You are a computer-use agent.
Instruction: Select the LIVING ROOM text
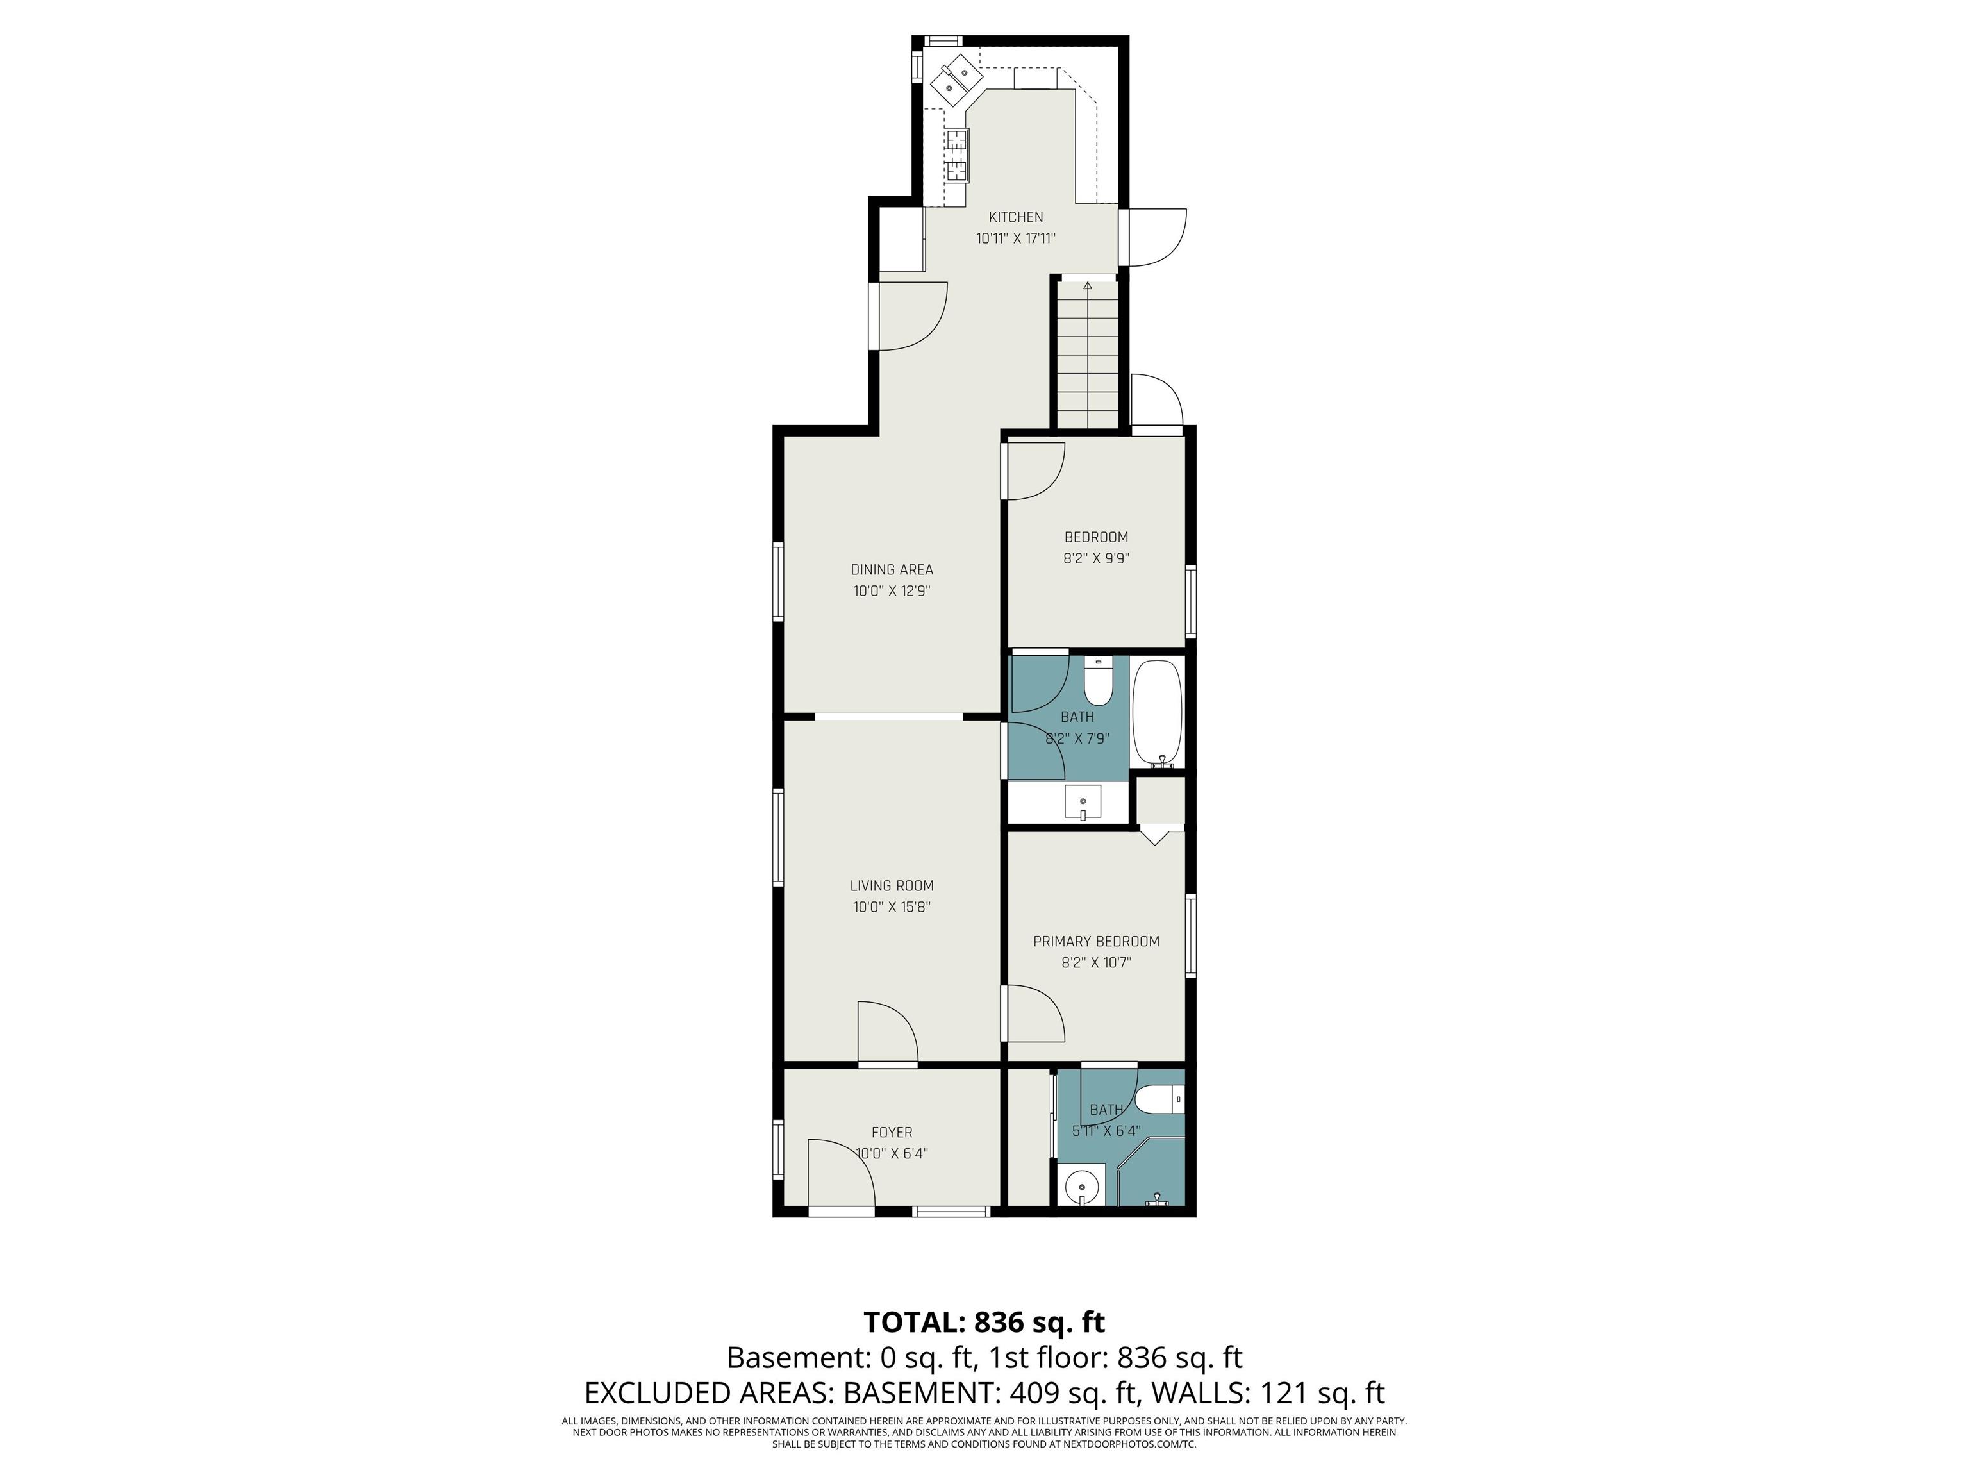[892, 886]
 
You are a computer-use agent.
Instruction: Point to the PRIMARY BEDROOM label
[1096, 941]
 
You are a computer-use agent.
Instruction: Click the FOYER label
[892, 1133]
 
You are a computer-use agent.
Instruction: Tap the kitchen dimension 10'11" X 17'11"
[1016, 238]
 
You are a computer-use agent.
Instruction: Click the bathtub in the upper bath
[1157, 713]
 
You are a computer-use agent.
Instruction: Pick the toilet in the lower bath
[1160, 1099]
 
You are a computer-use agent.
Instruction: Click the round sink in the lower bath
[1083, 1187]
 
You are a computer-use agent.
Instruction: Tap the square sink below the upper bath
[1083, 802]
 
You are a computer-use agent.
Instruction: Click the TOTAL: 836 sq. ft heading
[984, 1321]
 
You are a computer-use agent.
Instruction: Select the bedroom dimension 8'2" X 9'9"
[1096, 559]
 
